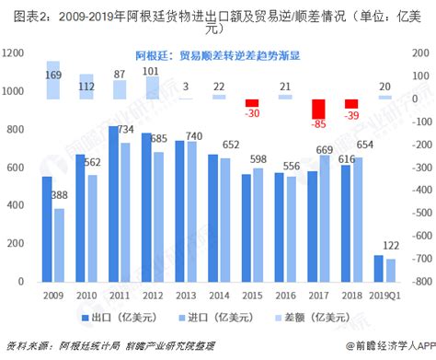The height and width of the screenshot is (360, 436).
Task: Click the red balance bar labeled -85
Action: pyautogui.click(x=319, y=112)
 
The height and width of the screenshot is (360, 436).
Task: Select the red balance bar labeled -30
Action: pyautogui.click(x=251, y=103)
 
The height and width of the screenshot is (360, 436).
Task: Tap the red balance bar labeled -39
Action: pyautogui.click(x=351, y=104)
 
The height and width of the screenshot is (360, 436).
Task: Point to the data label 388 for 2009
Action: pyautogui.click(x=59, y=195)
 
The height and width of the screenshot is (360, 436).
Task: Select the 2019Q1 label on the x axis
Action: pyautogui.click(x=384, y=294)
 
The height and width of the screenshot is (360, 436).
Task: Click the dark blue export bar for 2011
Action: pyautogui.click(x=113, y=203)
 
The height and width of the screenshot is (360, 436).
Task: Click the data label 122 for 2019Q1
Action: pyautogui.click(x=390, y=246)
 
